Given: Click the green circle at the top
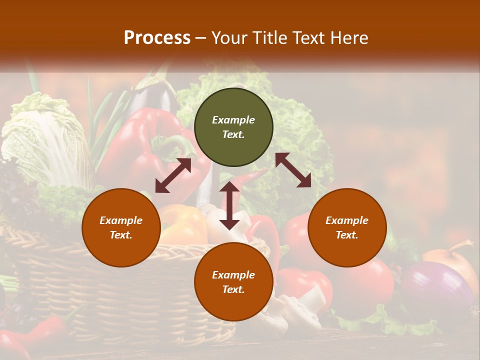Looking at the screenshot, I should pos(233,127).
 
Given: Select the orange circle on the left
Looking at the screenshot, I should pos(121,227).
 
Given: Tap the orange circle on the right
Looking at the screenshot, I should pos(347,227).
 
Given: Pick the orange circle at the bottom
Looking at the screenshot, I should pos(233,282).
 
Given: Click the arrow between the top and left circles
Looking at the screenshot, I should pos(173,175).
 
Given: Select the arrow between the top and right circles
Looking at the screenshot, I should pos(293,170).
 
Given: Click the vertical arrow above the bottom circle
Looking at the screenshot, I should pos(229,205).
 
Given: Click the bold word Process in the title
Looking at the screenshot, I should pos(157,38).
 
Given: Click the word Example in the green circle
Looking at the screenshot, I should pos(233,120).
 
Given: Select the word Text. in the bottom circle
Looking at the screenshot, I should pos(233,289).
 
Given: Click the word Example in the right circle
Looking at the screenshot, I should pos(347,220).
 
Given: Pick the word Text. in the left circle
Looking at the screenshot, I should pos(121,235).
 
